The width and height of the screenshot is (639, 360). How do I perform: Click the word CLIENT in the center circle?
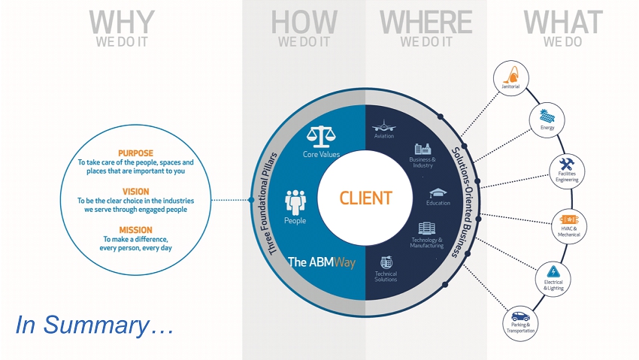(x=365, y=198)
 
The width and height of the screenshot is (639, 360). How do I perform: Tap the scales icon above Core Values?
(x=321, y=137)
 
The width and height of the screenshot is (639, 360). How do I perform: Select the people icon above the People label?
(x=295, y=202)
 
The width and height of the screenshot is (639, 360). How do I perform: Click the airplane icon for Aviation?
(x=384, y=126)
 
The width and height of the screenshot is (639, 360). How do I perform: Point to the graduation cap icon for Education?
(x=438, y=193)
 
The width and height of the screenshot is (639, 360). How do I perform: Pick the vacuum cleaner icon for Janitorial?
(x=511, y=75)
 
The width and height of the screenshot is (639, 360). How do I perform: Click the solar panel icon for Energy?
(x=547, y=116)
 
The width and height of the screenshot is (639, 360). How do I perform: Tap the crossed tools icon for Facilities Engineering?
(x=567, y=164)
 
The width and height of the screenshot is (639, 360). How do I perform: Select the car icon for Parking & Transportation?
(x=520, y=316)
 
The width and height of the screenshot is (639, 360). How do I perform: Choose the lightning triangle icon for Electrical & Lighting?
(x=553, y=271)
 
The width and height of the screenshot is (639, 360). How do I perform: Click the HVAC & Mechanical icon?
(x=569, y=220)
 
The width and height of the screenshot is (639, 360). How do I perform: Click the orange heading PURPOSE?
(x=136, y=153)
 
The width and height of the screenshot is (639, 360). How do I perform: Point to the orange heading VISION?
(x=136, y=192)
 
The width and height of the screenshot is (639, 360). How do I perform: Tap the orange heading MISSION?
(x=136, y=230)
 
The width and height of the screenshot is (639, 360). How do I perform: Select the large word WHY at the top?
(x=122, y=23)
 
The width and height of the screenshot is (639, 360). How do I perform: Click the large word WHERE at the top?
(x=425, y=23)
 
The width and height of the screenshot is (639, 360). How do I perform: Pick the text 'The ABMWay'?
(x=322, y=262)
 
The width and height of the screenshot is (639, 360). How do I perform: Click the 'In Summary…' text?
(x=95, y=325)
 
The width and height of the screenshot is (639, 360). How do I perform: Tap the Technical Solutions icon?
(x=386, y=262)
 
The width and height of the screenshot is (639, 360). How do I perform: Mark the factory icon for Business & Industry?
(x=422, y=149)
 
